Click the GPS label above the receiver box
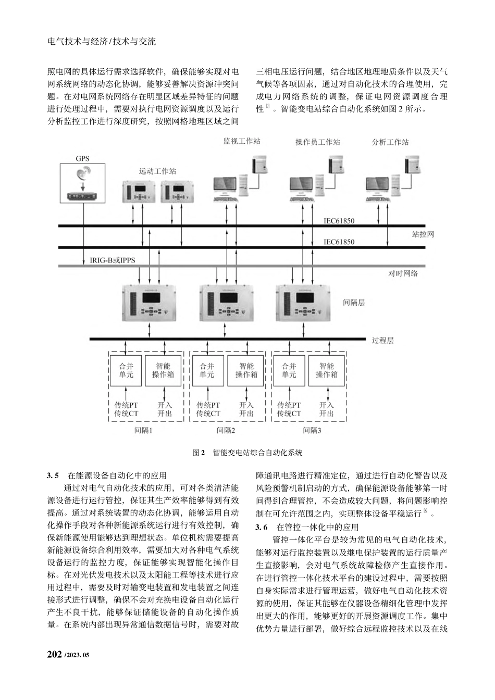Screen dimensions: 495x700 click(82, 158)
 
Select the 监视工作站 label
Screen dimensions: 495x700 click(242, 141)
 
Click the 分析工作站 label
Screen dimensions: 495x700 click(390, 142)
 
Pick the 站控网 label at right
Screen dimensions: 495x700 click(423, 234)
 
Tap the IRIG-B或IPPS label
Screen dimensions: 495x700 click(113, 259)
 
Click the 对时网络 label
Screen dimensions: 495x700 click(403, 272)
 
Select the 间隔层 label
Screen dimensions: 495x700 click(354, 302)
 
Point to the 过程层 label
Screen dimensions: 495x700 click(382, 341)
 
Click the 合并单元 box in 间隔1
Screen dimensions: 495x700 click(126, 370)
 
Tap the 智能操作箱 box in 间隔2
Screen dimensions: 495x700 click(246, 370)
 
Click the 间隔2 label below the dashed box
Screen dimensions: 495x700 click(226, 430)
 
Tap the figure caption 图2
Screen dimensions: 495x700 click(200, 453)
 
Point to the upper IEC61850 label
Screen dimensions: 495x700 click(339, 221)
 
